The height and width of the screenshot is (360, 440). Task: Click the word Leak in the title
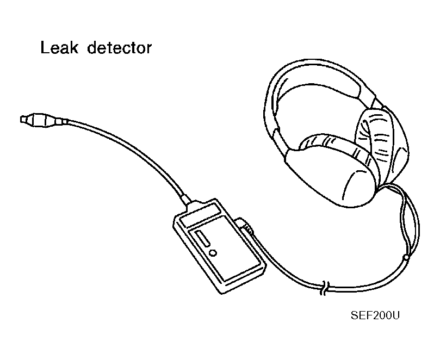(x=59, y=48)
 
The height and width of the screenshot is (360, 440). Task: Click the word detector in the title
(x=120, y=48)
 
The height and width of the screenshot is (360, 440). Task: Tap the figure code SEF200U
(x=375, y=315)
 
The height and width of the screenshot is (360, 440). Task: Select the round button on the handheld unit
(x=213, y=253)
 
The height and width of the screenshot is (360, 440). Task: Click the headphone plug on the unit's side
(x=244, y=225)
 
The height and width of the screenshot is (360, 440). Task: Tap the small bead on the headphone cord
(x=406, y=257)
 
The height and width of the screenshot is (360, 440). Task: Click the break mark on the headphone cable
(x=325, y=288)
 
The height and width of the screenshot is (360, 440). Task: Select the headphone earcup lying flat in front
(x=331, y=174)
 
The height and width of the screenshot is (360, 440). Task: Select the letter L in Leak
(x=46, y=48)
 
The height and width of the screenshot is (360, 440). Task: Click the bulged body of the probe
(x=42, y=120)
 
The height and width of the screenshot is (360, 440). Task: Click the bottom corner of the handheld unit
(x=222, y=293)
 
